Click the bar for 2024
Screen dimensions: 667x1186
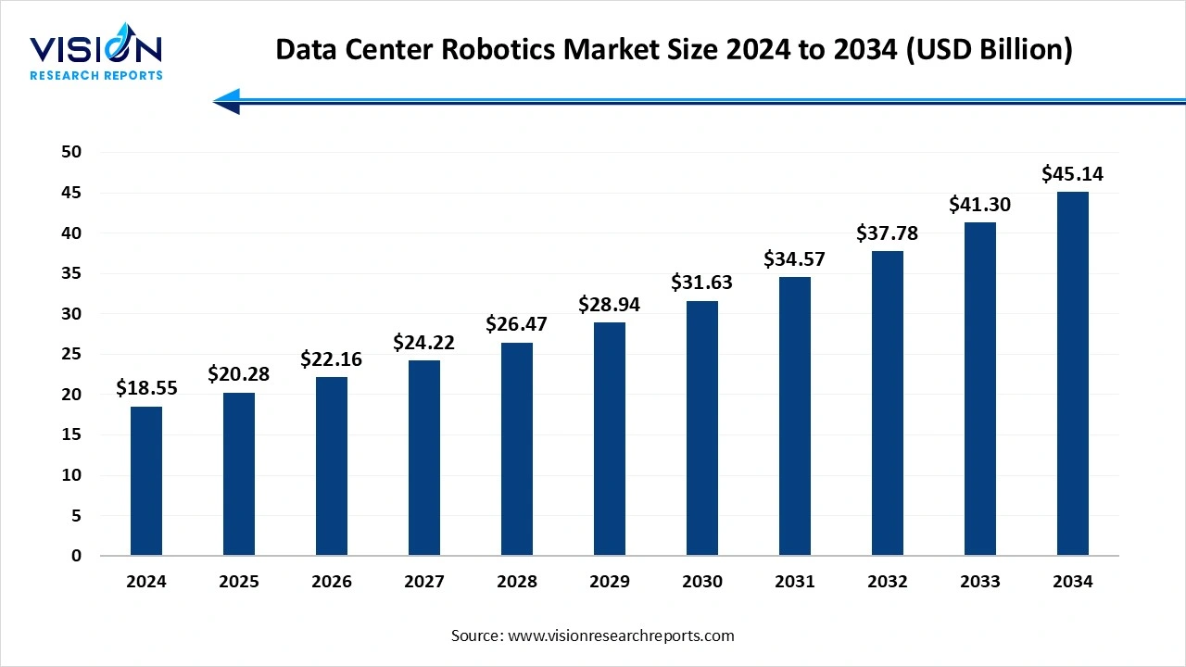point(146,481)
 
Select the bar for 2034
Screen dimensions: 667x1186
point(1073,373)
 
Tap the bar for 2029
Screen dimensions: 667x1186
point(610,439)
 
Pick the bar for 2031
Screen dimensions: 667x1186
point(795,416)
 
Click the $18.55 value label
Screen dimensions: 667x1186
point(146,389)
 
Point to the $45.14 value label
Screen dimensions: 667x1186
point(1073,174)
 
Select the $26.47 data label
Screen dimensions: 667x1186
point(517,325)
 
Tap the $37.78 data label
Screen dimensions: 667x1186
point(888,233)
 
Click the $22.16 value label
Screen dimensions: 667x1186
point(332,359)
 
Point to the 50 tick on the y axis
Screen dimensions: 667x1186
point(70,152)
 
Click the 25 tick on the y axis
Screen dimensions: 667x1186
point(70,354)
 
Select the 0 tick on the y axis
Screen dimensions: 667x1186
point(76,556)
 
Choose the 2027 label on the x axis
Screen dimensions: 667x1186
point(424,582)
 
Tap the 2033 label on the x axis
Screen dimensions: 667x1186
point(980,582)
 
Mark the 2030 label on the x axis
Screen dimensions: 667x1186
point(702,582)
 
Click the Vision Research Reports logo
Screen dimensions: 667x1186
point(96,56)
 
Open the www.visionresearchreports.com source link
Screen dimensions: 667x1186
point(620,636)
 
